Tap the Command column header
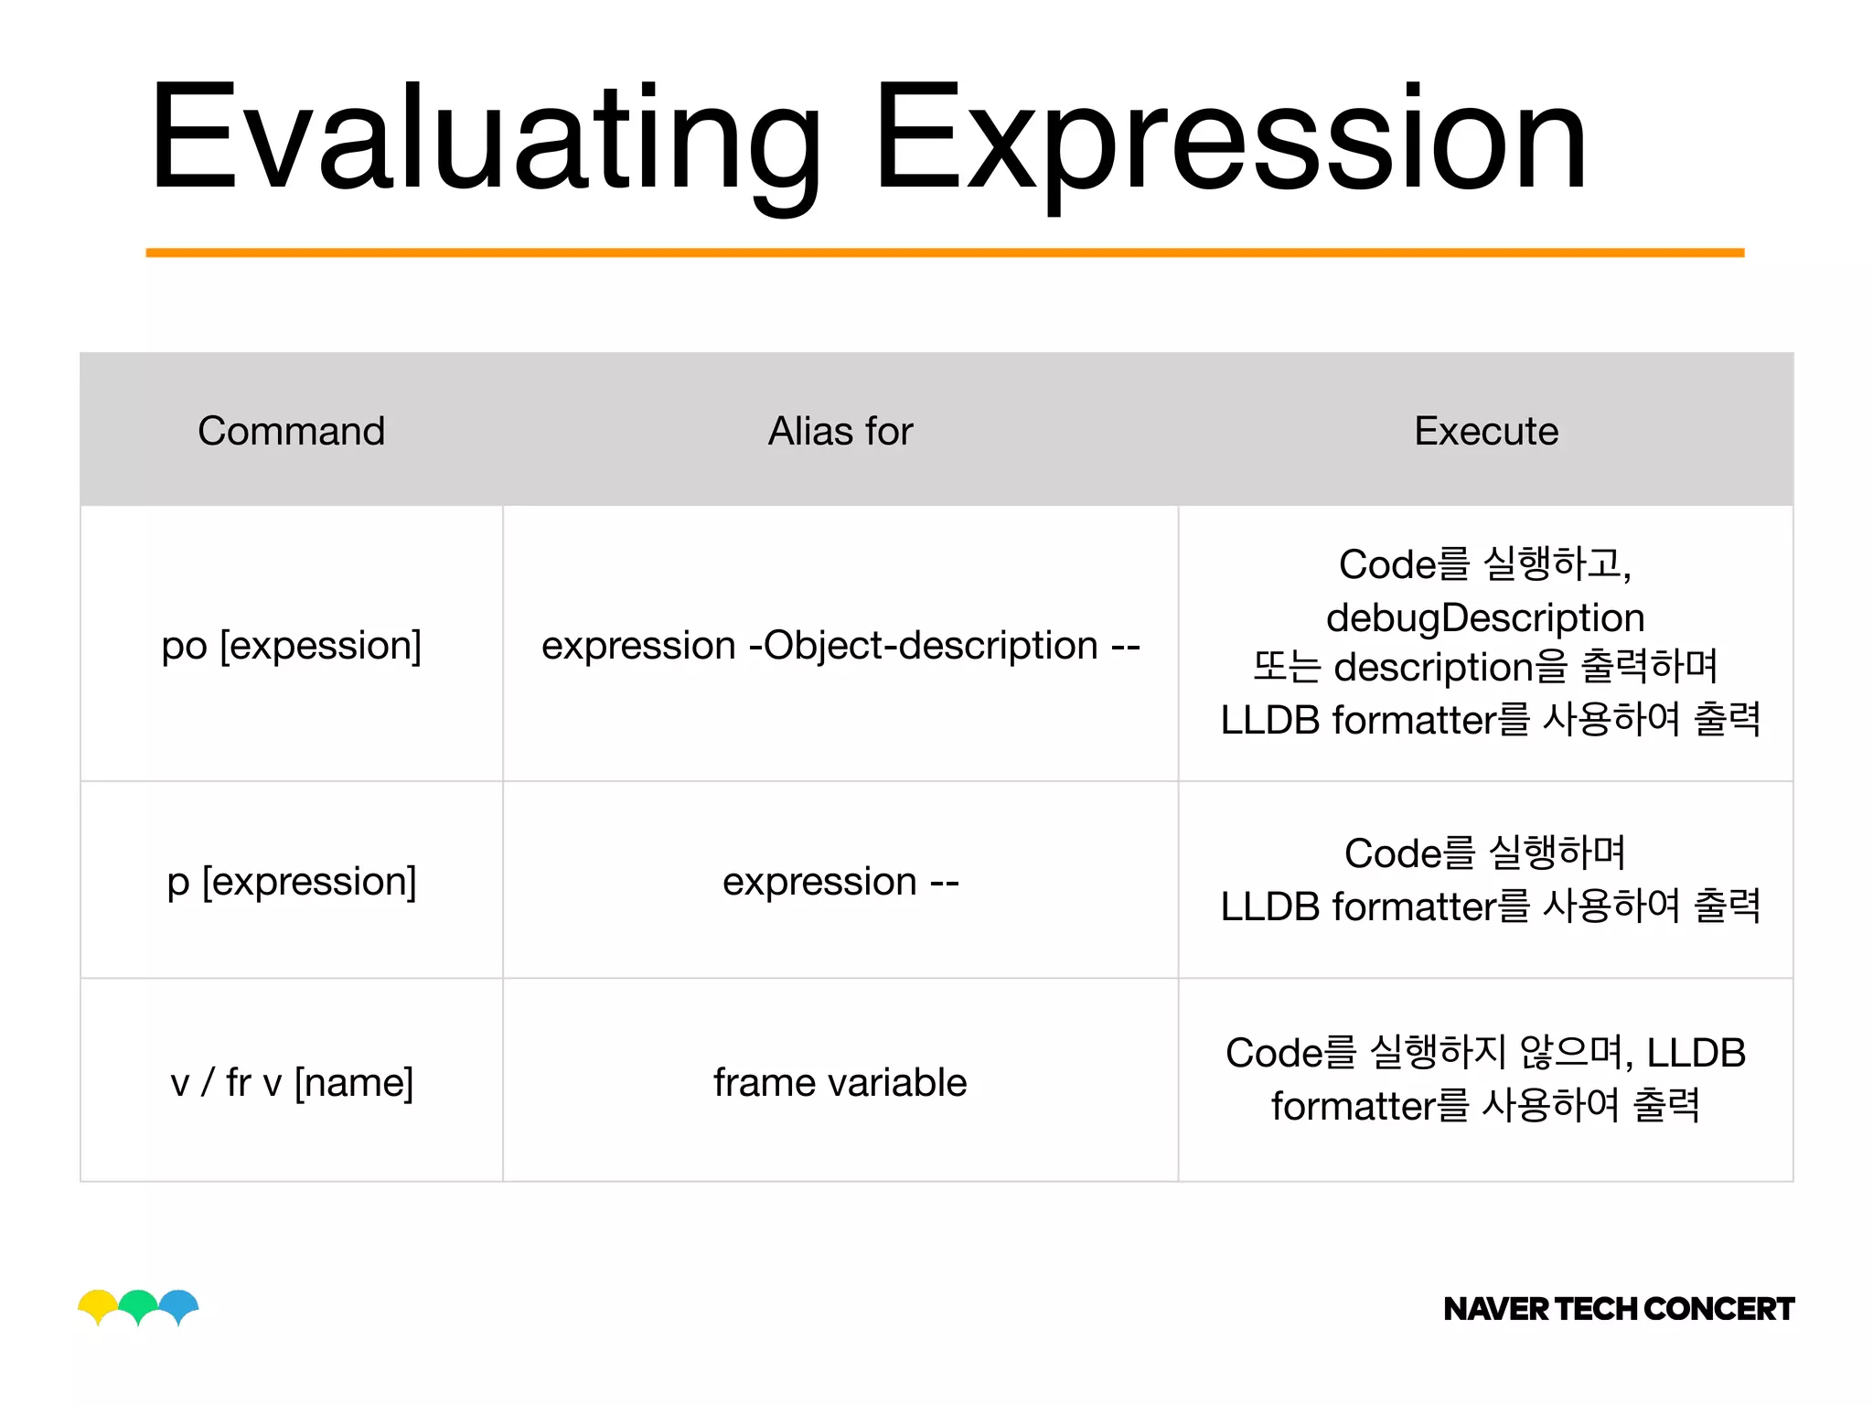[x=291, y=431]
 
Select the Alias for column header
[x=840, y=431]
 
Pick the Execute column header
[x=1486, y=431]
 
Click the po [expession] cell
[x=291, y=645]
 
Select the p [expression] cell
[x=291, y=881]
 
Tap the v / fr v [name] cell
[x=291, y=1082]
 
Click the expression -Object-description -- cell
[x=840, y=645]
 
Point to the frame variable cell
[x=840, y=1082]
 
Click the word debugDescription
[x=1485, y=617]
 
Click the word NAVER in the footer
[x=1496, y=1309]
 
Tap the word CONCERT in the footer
[x=1719, y=1309]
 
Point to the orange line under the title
[x=945, y=252]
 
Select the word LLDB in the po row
[x=1270, y=721]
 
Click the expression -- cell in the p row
[x=840, y=881]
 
